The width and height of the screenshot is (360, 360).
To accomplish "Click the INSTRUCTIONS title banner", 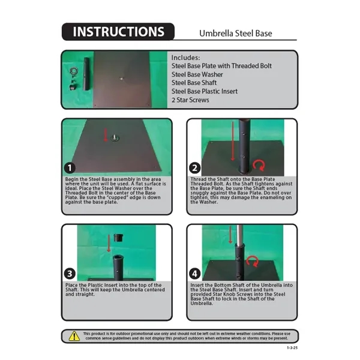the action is [x=118, y=32].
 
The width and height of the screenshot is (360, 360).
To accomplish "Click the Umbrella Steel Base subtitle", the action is [x=236, y=34].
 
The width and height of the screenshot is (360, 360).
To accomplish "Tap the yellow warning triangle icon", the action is [x=74, y=336].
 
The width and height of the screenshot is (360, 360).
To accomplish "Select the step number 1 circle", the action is [x=70, y=168].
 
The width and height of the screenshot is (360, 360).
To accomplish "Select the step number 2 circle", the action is [x=194, y=168].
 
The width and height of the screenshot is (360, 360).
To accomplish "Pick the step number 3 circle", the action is [x=70, y=274].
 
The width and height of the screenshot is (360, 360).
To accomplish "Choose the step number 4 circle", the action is [x=194, y=274].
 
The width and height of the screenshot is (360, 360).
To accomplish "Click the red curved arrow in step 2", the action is [x=259, y=166].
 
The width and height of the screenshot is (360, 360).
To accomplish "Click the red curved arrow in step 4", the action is [x=253, y=262].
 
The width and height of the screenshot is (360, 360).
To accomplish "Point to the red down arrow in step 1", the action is [x=106, y=135].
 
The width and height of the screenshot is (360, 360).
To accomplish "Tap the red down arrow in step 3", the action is [x=109, y=244].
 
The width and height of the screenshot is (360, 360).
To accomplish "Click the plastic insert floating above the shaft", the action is [x=118, y=238].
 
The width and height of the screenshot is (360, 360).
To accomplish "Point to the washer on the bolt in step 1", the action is [x=115, y=139].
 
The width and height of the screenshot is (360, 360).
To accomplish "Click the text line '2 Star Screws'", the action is [x=190, y=100].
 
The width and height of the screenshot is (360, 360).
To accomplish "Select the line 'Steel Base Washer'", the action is [x=197, y=74].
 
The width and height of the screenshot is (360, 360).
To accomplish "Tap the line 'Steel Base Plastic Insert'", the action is [x=205, y=91].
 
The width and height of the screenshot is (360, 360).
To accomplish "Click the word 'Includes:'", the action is [x=185, y=58].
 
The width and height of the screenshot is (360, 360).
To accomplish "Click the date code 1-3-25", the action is [x=292, y=348].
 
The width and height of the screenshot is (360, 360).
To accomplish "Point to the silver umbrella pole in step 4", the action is [x=239, y=235].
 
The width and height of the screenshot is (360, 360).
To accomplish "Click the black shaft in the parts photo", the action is [x=86, y=74].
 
